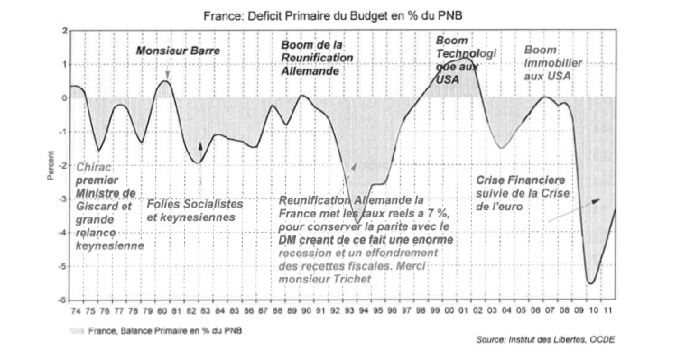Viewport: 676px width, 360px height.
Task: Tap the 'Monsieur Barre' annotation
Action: [x=171, y=51]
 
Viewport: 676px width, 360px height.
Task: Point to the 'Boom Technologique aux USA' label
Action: [x=464, y=60]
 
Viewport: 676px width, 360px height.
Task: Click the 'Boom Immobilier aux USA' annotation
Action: [x=553, y=62]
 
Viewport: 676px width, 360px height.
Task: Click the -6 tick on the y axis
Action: [x=63, y=300]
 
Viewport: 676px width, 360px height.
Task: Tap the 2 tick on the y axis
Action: [x=64, y=31]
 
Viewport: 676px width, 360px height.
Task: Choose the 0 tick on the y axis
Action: [x=64, y=97]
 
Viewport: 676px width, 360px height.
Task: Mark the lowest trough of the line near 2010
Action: [x=591, y=283]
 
